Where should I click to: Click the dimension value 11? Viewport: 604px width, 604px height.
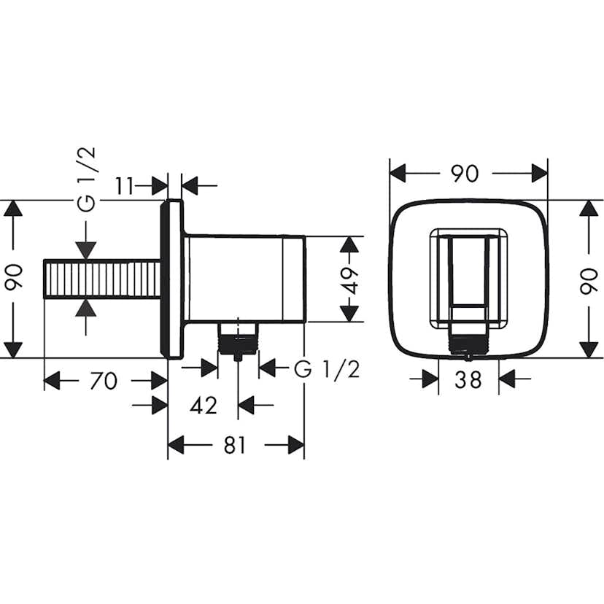pos(125,186)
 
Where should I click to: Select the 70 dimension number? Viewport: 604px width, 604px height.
pos(104,381)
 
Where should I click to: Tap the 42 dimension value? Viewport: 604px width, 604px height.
pos(203,405)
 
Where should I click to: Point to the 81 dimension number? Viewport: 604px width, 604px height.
pos(234,445)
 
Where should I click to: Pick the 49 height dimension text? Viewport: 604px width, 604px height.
pos(352,279)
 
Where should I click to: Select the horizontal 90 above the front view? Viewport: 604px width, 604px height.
pos(465,174)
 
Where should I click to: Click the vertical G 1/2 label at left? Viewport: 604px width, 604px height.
pos(86,179)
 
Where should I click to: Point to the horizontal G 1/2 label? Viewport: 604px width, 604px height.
pos(327,369)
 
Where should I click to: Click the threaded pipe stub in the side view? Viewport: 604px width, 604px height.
pos(101,279)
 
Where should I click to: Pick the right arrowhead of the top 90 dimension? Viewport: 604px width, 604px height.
pos(539,174)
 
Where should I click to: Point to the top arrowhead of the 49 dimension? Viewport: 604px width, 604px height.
pos(350,244)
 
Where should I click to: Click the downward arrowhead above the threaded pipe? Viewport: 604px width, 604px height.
pos(86,249)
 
